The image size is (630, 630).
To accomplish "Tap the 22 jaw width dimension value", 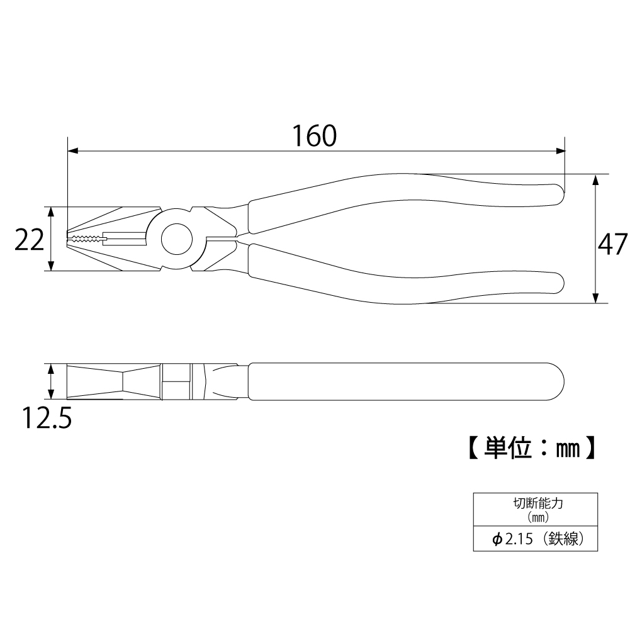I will click(29, 240).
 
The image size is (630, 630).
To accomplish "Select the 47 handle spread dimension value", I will click(612, 243).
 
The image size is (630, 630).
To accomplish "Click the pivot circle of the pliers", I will click(176, 239).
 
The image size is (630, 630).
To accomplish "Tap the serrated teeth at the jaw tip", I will click(85, 239).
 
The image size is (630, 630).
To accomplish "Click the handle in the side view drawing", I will click(403, 380).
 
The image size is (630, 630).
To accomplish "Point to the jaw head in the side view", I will click(113, 380).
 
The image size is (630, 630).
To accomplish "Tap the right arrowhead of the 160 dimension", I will click(560, 151).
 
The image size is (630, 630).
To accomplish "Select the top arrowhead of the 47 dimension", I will click(595, 179).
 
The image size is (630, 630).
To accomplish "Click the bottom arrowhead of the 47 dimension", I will click(595, 298).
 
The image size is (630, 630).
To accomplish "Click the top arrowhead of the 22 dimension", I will click(51, 211).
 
